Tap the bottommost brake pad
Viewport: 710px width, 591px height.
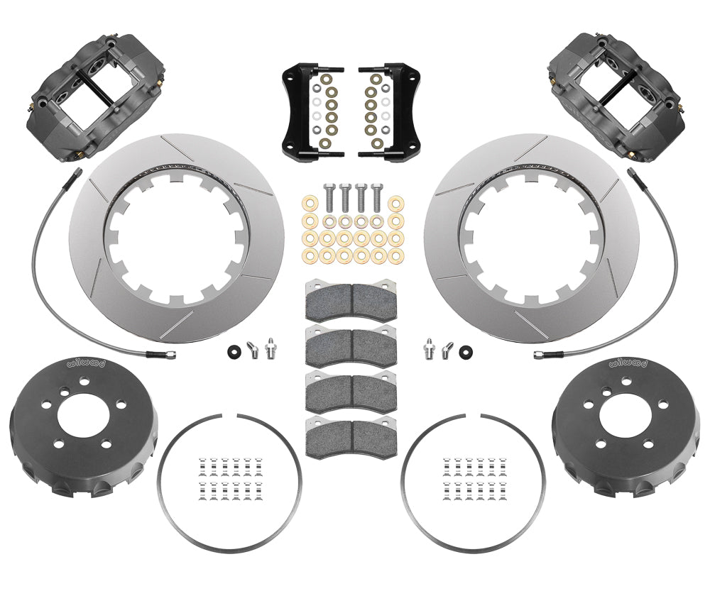point(347,432)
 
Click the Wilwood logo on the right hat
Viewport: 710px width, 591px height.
point(625,363)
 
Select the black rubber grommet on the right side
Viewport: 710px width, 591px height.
point(466,349)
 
